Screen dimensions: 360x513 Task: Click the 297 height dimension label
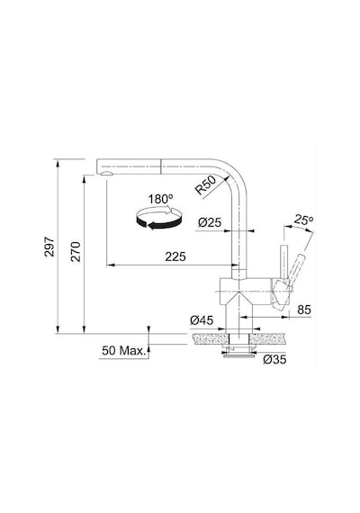tap(49, 247)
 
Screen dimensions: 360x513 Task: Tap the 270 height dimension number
tap(76, 252)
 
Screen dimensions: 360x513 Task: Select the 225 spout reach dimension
tap(175, 256)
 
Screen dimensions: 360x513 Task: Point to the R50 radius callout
tap(205, 184)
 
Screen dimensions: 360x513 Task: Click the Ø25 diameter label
tap(210, 223)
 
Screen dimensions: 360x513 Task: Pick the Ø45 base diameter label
tap(202, 320)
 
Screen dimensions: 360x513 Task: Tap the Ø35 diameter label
tap(274, 360)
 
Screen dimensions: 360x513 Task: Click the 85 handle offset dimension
tap(304, 310)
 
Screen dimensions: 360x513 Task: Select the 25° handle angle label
tap(303, 220)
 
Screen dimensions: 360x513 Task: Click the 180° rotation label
tap(160, 199)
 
